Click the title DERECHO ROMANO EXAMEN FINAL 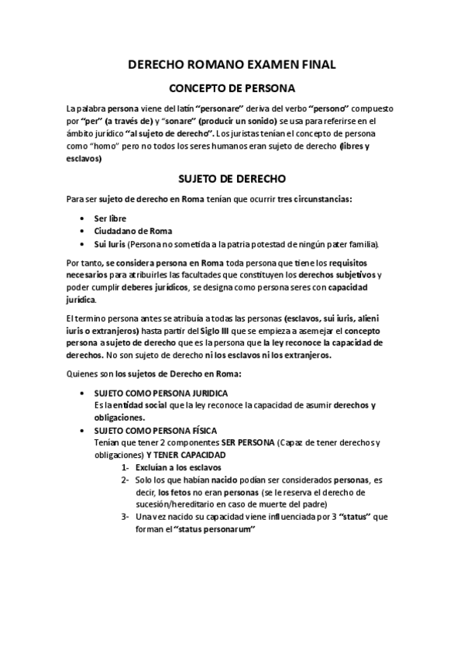(x=232, y=66)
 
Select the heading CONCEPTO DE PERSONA (x=232, y=88)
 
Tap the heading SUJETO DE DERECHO (x=232, y=177)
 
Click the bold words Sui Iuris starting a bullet (x=108, y=244)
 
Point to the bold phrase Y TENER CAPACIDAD (x=180, y=455)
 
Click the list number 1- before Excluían (x=125, y=467)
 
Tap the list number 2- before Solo (x=125, y=480)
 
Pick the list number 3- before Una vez (x=125, y=517)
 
